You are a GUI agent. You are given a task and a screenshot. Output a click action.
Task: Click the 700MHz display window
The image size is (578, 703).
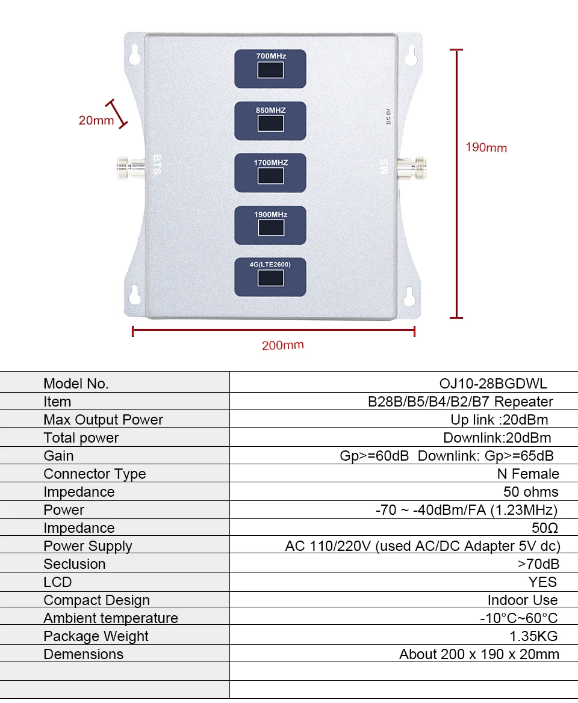[x=270, y=70]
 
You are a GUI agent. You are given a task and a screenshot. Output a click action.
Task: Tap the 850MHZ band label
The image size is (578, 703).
[x=270, y=111]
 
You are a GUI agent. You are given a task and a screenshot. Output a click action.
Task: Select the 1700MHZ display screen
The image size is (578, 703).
[x=270, y=176]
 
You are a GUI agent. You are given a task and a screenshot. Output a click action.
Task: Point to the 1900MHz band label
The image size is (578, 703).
[x=270, y=215]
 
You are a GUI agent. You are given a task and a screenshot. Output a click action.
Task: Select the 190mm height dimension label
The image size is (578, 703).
[x=486, y=147]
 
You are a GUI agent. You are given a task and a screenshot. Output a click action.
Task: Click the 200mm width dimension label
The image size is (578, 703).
[x=282, y=345]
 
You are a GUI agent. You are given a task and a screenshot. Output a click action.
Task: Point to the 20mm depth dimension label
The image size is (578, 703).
[x=96, y=120]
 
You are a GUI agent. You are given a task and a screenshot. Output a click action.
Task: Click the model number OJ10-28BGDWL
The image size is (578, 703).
[x=493, y=384]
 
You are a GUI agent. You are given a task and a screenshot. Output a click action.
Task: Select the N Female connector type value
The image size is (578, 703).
[x=528, y=474]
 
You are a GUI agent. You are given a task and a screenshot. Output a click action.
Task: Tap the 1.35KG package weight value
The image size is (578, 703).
[x=533, y=636]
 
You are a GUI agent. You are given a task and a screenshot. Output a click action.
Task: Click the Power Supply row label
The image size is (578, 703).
[x=88, y=546]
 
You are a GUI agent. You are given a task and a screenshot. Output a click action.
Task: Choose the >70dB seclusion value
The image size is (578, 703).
[x=538, y=564]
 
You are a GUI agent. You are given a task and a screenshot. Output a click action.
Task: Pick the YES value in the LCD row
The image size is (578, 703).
[x=542, y=582]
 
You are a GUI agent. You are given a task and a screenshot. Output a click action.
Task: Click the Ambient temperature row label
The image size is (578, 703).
[x=111, y=618]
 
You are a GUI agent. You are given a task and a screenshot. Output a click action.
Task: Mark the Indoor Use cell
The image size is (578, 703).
[x=523, y=600]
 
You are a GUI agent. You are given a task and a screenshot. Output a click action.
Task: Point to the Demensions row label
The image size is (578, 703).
[x=83, y=654]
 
